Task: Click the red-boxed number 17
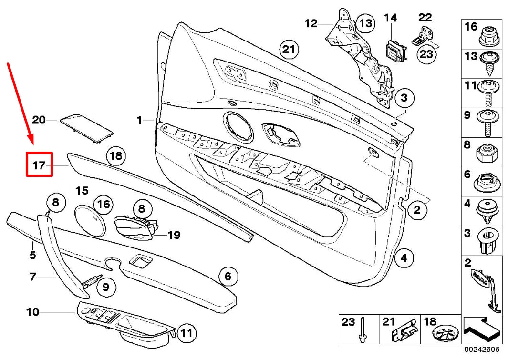point(39,165)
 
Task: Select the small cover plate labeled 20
point(86,127)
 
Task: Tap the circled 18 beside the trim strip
point(116,156)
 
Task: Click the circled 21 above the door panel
point(289,49)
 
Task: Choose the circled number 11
point(187,332)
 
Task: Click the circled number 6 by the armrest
point(228,276)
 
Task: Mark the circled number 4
point(404,258)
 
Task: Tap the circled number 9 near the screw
point(106,287)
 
